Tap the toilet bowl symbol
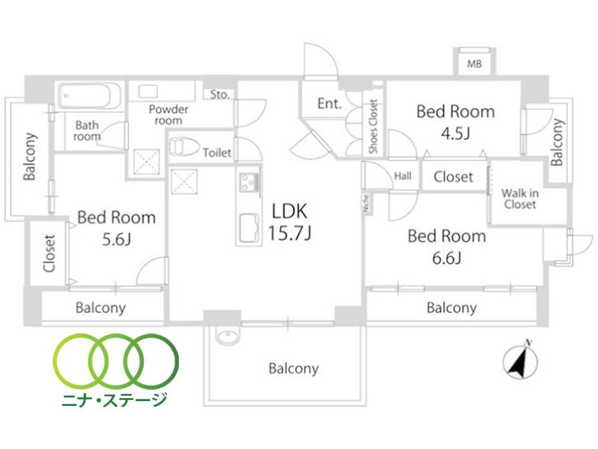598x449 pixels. tap(184, 147)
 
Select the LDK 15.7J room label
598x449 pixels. tap(289, 222)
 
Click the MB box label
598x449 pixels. tap(474, 64)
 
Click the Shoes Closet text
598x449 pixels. tap(373, 126)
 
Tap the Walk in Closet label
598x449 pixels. tap(520, 199)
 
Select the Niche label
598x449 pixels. tap(366, 203)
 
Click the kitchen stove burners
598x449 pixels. tap(249, 183)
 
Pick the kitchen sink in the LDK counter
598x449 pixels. tap(249, 228)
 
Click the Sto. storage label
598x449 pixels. tap(220, 95)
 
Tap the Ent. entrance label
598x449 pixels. tap(329, 103)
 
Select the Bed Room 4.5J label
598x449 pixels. tap(456, 122)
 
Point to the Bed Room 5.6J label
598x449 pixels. tap(117, 228)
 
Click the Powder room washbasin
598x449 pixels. tap(148, 91)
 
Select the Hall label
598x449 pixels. tap(402, 176)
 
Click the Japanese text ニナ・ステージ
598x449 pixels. tap(114, 400)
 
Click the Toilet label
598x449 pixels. tap(217, 153)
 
